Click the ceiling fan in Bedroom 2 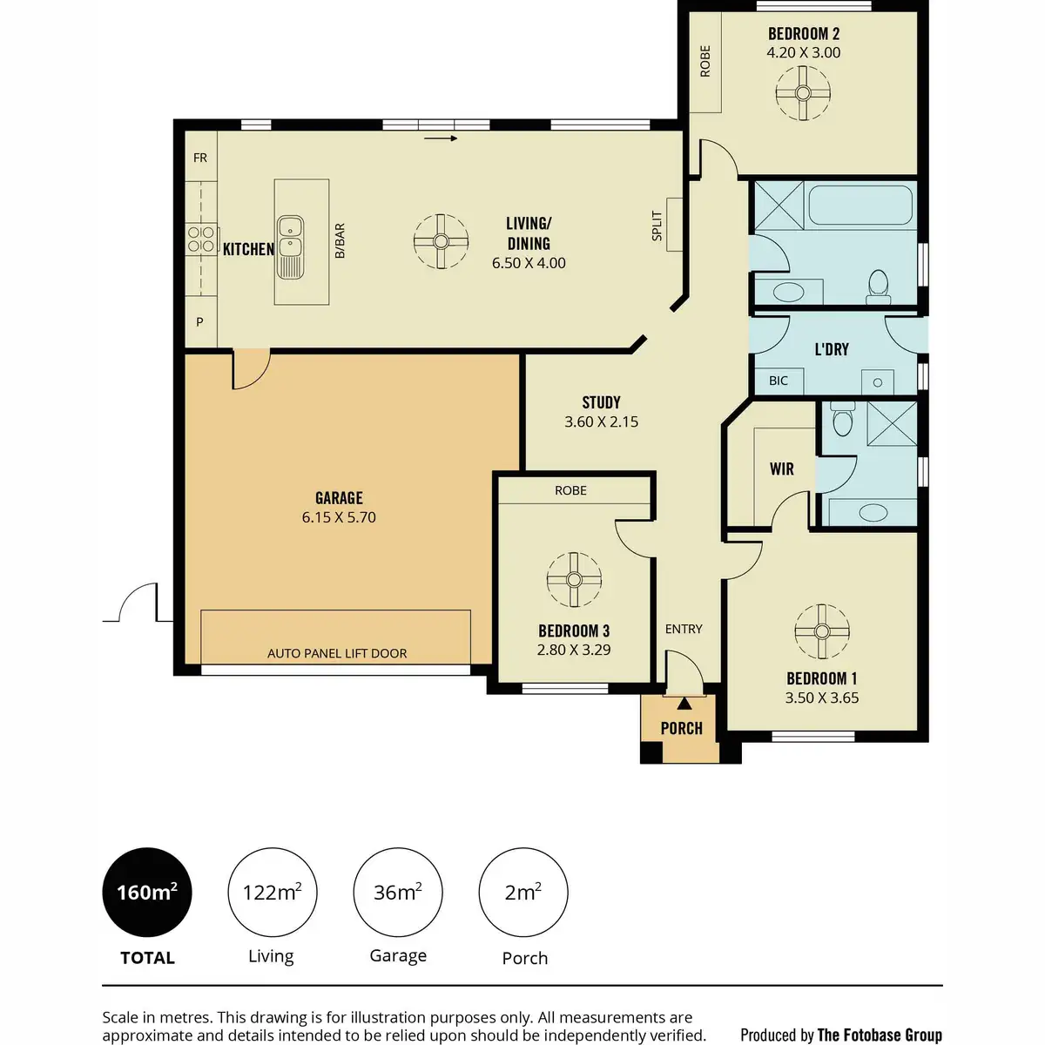coord(803,92)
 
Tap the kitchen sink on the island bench coord(291,247)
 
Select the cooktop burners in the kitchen coord(200,239)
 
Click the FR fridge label coord(200,158)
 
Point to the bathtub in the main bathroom coord(860,205)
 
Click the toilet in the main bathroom coord(879,287)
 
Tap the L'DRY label coord(832,349)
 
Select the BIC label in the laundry coord(779,381)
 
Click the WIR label coord(781,469)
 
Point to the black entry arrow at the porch coord(684,704)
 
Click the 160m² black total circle coord(147,892)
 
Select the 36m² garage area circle coord(398,892)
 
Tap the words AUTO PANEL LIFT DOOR coord(337,653)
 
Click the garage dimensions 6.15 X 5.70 coord(339,517)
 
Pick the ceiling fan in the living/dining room coord(441,241)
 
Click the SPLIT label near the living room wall coord(657,226)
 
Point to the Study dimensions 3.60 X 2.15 coord(602,421)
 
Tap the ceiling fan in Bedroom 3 coord(574,580)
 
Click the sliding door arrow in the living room coord(441,138)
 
